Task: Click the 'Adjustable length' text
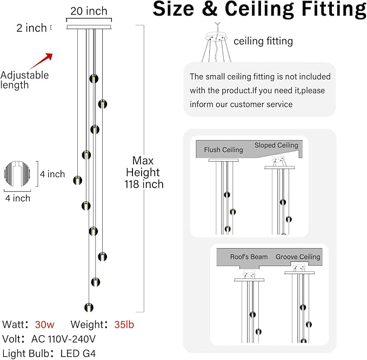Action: [x=24, y=80]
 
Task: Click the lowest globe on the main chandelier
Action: [x=88, y=308]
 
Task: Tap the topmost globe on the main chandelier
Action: [x=94, y=78]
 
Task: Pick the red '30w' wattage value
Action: [x=45, y=325]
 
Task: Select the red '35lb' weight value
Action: [x=123, y=325]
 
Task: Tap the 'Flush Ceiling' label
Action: [x=223, y=150]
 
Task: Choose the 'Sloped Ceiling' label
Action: [x=276, y=145]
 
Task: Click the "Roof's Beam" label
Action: [x=249, y=257]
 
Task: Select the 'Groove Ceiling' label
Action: [x=298, y=257]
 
